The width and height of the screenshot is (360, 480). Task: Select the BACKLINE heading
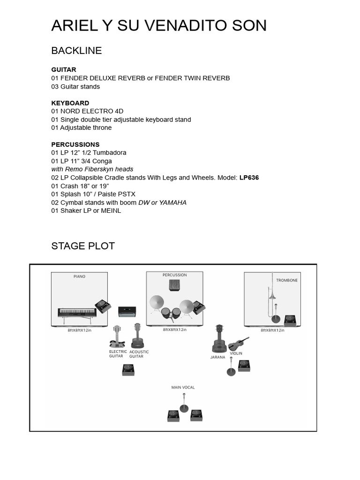pyautogui.click(x=76, y=51)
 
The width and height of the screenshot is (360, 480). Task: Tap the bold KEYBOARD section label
pyautogui.click(x=70, y=103)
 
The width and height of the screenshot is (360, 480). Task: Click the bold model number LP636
pyautogui.click(x=249, y=178)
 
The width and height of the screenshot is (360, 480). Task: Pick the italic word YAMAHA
pyautogui.click(x=172, y=202)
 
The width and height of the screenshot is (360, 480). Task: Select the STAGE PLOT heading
pyautogui.click(x=83, y=246)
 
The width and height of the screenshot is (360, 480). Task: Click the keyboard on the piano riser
pyautogui.click(x=77, y=313)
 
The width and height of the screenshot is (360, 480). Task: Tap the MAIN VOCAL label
pyautogui.click(x=183, y=388)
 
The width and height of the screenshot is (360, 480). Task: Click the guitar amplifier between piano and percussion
pyautogui.click(x=127, y=311)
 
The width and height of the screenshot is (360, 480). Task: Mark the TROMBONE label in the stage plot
pyautogui.click(x=287, y=280)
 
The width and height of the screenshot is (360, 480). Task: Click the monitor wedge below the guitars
pyautogui.click(x=128, y=370)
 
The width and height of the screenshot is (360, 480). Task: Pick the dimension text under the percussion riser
pyautogui.click(x=175, y=330)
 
